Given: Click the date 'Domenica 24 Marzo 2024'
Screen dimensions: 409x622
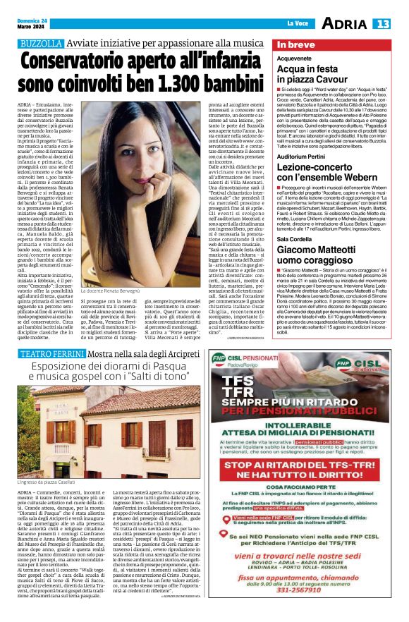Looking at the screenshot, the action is click(30, 24).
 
